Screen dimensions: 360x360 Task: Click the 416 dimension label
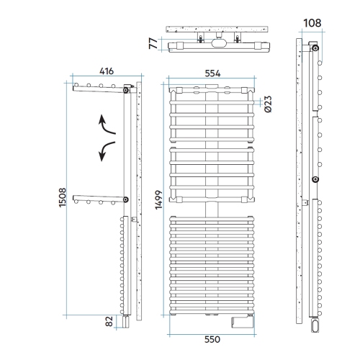pos(107,71)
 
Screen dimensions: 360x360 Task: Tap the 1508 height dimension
pos(63,197)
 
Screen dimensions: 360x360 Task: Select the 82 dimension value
pos(109,321)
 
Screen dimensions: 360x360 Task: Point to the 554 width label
pos(212,73)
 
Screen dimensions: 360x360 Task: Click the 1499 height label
pos(158,200)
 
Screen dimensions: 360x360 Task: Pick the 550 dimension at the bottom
pos(212,339)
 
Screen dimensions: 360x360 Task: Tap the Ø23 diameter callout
pos(268,104)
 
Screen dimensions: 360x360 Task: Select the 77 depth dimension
pos(153,43)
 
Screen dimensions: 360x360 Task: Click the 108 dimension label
pos(312,23)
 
